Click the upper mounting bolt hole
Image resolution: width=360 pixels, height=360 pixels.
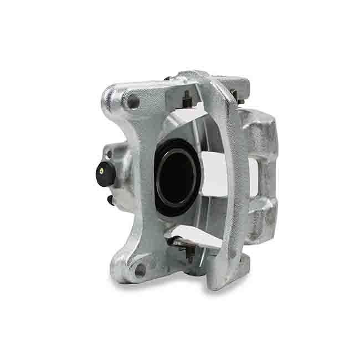coord(132,102)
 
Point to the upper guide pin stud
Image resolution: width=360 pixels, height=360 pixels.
coord(187,100)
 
